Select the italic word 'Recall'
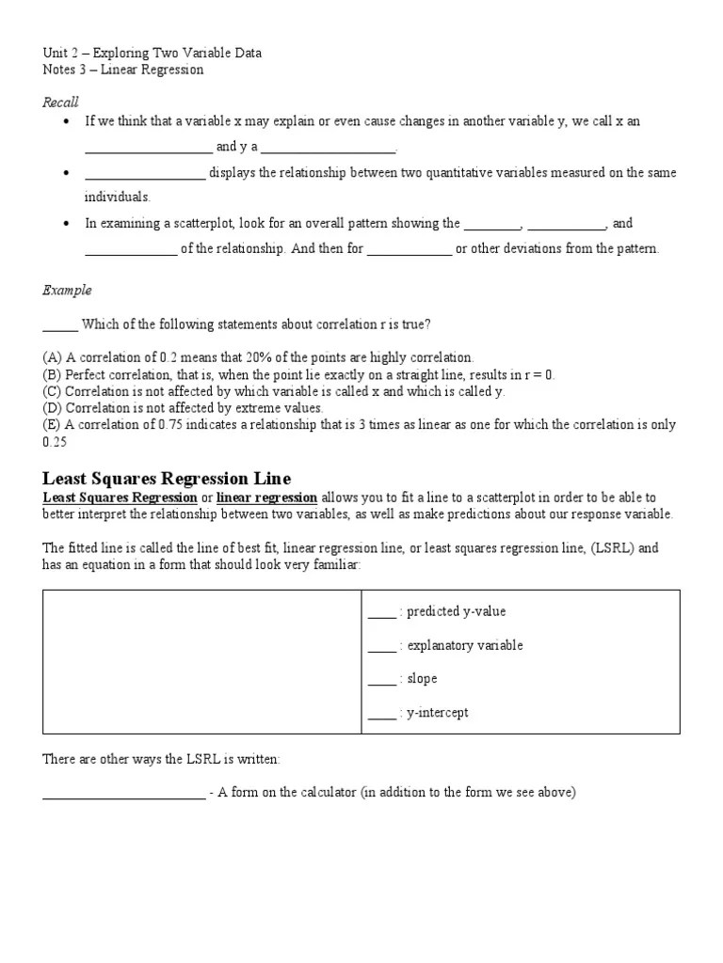(60, 102)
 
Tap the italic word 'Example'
(67, 291)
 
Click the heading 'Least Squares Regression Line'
(167, 478)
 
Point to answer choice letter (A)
(52, 357)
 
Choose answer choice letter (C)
(52, 391)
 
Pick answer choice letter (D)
(52, 408)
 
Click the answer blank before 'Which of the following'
(60, 326)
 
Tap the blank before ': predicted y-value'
(381, 613)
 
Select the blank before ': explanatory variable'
(381, 647)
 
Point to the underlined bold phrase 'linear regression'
(266, 497)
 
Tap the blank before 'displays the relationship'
(145, 174)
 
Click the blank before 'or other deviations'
(409, 250)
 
